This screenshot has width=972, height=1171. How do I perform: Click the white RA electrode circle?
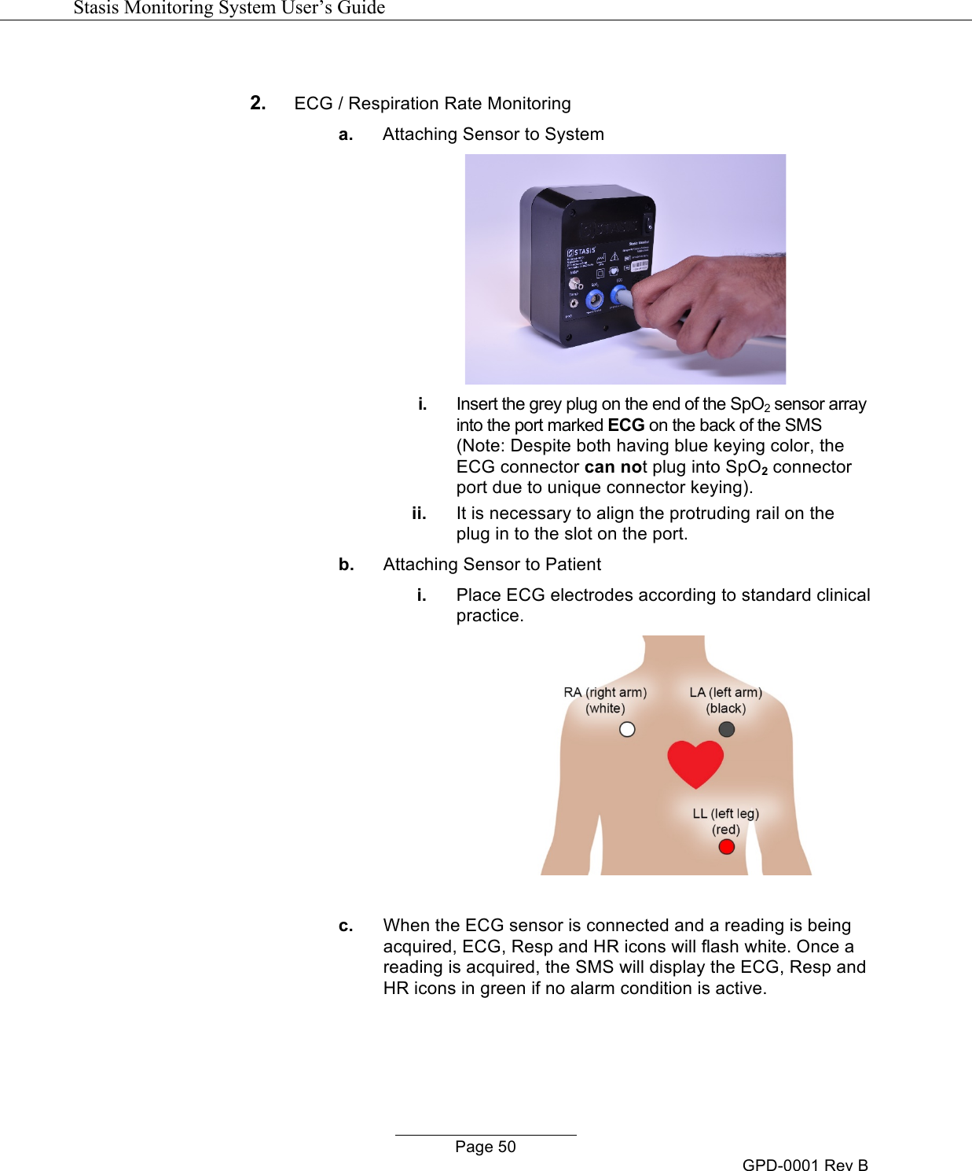point(627,730)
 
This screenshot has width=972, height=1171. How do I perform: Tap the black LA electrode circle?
point(727,730)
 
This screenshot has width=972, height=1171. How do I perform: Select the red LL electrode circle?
point(727,847)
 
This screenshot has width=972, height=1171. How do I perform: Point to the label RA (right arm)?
point(605,693)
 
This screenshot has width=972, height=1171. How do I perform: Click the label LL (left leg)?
point(725,814)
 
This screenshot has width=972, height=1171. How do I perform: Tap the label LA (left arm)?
point(725,693)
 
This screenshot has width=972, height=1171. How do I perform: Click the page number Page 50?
point(486,1147)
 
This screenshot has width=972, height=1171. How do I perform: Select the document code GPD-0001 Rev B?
point(805,1165)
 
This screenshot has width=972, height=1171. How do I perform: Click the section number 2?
point(258,103)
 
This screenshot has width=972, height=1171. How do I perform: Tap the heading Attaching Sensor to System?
point(493,134)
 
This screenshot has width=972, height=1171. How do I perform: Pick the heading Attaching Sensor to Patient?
point(492,565)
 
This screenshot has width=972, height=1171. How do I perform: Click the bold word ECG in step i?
point(626,425)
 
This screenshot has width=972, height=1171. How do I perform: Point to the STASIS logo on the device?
point(582,252)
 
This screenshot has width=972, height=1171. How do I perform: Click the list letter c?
point(346,926)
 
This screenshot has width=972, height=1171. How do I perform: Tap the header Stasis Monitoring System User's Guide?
point(229,8)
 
